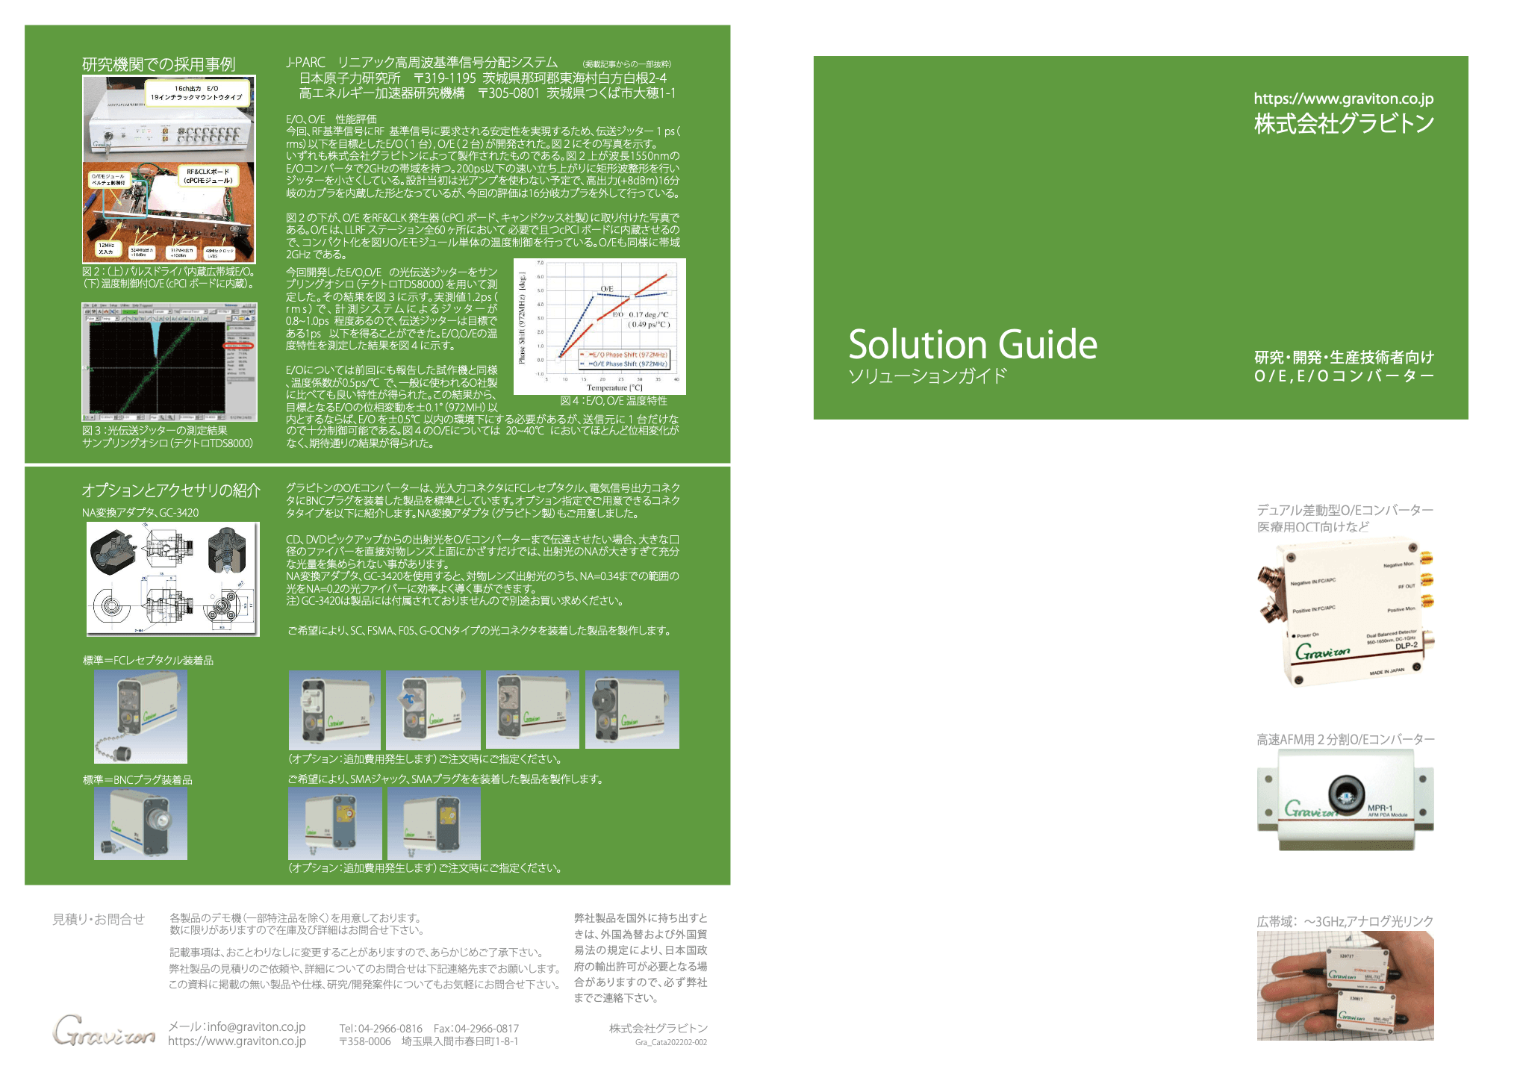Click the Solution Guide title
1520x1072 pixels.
point(972,345)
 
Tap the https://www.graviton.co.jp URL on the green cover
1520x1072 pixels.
point(1343,99)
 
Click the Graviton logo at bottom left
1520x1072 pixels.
point(104,1030)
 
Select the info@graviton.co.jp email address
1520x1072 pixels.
point(237,1026)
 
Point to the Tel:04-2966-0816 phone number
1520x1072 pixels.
point(381,1029)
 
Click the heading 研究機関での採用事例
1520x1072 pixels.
point(158,64)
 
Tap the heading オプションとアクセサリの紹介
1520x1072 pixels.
point(171,490)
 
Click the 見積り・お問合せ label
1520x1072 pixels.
point(98,919)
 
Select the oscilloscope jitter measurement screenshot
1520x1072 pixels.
point(169,362)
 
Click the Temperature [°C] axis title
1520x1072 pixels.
point(614,388)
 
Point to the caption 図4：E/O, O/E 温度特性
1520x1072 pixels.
point(614,401)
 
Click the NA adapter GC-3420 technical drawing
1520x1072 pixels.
point(172,579)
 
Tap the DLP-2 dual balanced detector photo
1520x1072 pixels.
point(1345,611)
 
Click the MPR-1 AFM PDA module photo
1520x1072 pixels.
point(1345,800)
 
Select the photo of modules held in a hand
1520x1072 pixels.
point(1345,985)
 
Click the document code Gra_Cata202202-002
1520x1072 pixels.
point(670,1042)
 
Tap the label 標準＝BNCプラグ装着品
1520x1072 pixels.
point(137,779)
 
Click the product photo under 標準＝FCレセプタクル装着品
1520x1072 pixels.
point(140,717)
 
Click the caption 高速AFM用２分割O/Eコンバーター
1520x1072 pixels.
point(1345,739)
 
